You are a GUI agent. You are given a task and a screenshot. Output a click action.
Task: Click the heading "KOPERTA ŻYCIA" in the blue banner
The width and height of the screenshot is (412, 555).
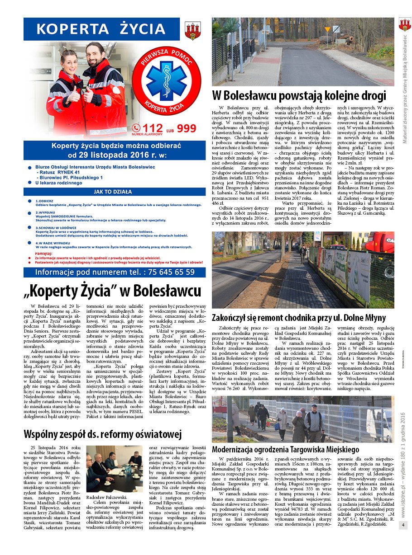click(101, 29)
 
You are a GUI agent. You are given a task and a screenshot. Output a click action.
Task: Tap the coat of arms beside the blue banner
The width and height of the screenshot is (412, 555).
click(192, 31)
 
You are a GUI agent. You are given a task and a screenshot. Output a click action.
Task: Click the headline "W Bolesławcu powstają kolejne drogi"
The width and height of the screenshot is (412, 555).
click(299, 96)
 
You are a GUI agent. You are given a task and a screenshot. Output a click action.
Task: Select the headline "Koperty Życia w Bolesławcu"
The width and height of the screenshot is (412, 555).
click(112, 290)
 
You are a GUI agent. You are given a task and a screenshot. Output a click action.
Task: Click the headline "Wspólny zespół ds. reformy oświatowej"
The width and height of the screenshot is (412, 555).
click(102, 434)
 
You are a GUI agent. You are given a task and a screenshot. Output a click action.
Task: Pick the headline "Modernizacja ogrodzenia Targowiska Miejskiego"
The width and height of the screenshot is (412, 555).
click(285, 449)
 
